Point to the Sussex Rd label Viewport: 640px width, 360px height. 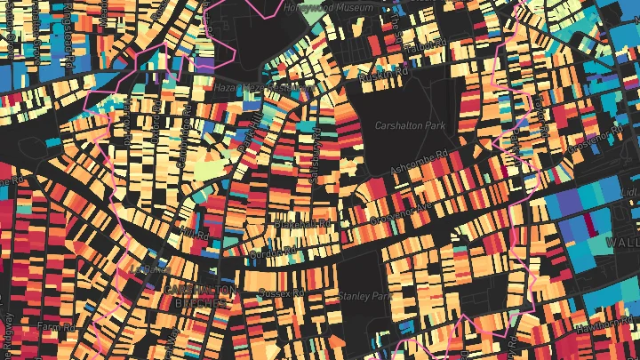tap(281, 292)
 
